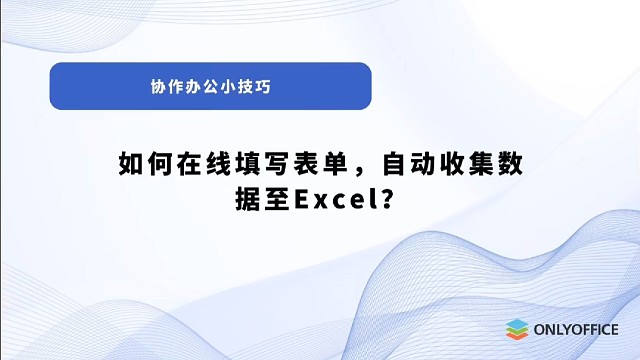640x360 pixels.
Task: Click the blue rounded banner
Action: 210,86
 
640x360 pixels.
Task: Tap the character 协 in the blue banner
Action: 158,87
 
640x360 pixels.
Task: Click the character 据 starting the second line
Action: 247,199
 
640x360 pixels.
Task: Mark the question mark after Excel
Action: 384,199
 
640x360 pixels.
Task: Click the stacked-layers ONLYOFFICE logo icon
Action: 516,329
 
